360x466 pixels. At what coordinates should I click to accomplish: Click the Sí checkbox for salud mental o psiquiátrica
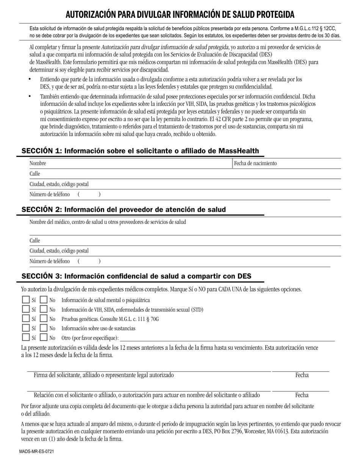tap(26, 300)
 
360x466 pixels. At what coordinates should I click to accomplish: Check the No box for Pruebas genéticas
tap(44, 319)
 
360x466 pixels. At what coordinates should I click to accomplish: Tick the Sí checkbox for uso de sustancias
tap(26, 328)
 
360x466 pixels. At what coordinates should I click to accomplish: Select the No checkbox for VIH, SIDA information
tap(44, 310)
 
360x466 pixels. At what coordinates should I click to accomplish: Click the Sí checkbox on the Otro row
tap(26, 338)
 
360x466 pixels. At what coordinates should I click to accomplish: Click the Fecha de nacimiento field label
tap(255, 163)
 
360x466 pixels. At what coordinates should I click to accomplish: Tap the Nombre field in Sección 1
tap(129, 163)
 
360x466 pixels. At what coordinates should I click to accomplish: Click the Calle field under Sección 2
tap(182, 241)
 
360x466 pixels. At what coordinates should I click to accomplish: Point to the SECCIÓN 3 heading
tap(136, 276)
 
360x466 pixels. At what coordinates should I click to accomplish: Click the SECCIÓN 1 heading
tap(140, 151)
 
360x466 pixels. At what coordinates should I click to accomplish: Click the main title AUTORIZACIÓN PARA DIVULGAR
tap(180, 14)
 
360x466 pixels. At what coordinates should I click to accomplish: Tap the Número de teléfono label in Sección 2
tap(50, 261)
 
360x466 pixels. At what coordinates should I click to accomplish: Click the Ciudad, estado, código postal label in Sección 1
tap(59, 184)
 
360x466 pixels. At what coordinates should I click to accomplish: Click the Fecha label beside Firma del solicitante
tap(302, 375)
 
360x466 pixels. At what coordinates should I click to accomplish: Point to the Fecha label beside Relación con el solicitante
tap(302, 395)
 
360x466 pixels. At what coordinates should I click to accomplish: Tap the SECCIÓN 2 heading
tap(124, 210)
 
